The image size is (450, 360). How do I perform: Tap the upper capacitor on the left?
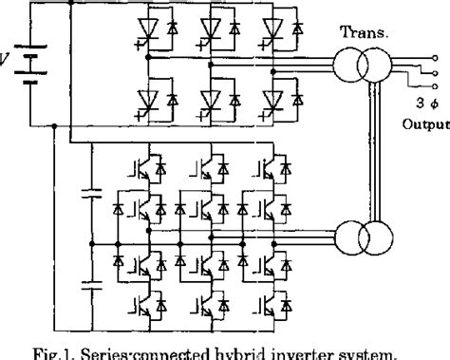(91, 196)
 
